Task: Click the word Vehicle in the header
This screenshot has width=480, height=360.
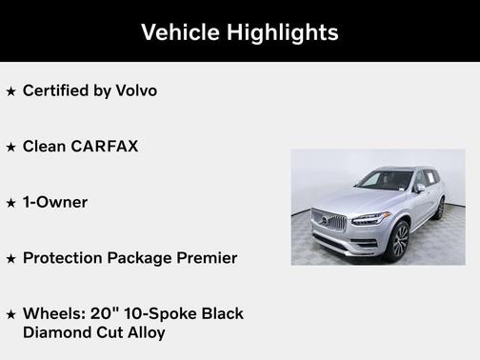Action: [x=180, y=32]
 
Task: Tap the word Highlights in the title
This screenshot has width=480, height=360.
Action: [x=282, y=32]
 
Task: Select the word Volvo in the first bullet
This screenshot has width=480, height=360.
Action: [x=134, y=91]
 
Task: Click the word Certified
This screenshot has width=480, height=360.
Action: [x=54, y=91]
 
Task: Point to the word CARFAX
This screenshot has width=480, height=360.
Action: [x=105, y=147]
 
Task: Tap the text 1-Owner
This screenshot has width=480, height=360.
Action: [x=55, y=202]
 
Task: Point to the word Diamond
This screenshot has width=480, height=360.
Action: [x=56, y=332]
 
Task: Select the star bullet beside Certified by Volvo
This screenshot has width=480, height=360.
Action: [x=11, y=91]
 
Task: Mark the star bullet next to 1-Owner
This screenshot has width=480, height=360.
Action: [x=11, y=203]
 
